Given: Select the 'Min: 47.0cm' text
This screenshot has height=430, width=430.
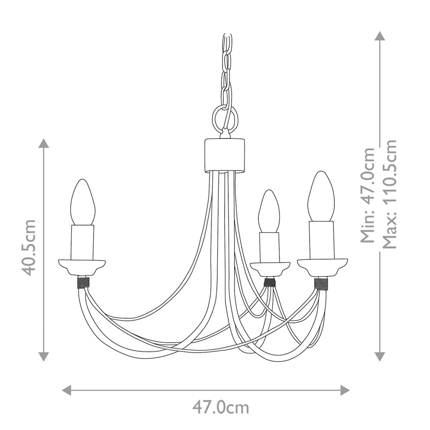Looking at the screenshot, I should pyautogui.click(x=368, y=195).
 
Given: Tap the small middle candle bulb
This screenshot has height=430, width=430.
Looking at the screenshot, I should pyautogui.click(x=269, y=211).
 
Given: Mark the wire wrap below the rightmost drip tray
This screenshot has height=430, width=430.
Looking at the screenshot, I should pyautogui.click(x=321, y=283).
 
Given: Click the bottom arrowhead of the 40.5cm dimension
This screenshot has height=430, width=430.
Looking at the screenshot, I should pyautogui.click(x=44, y=356).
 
